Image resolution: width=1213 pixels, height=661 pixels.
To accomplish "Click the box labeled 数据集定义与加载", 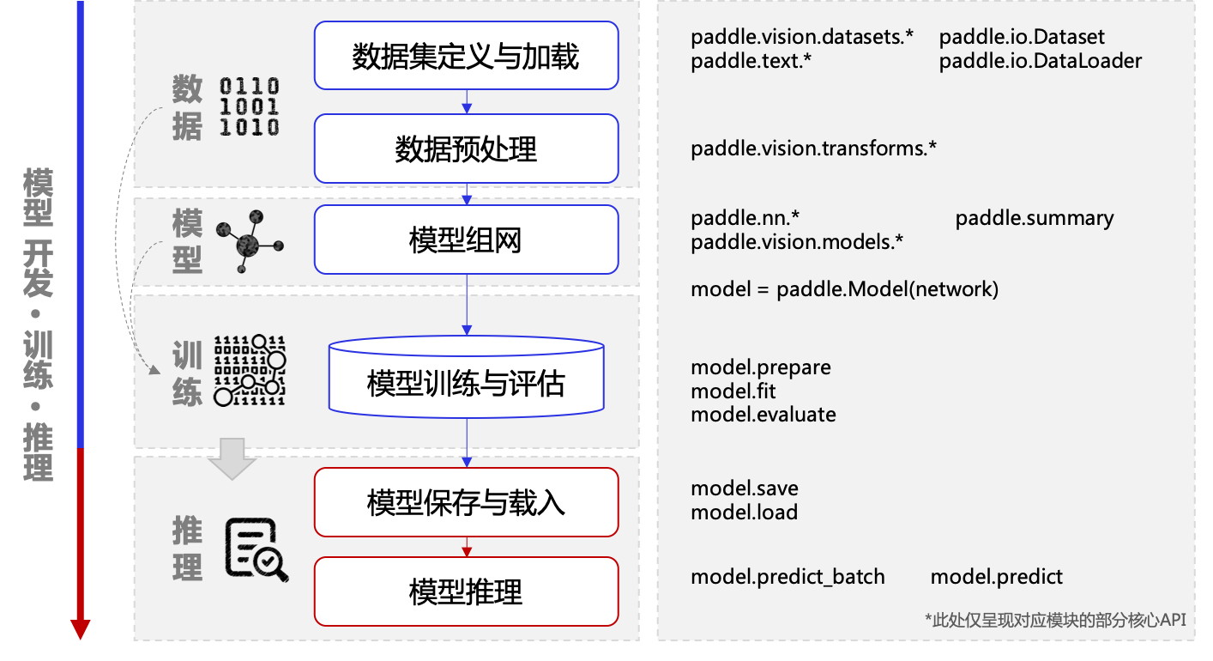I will [x=466, y=56].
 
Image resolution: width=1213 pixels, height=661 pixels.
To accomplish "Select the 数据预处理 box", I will [x=466, y=149].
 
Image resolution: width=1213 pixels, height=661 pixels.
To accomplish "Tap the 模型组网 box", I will [x=466, y=240].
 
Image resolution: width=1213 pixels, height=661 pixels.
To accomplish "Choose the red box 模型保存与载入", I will [x=466, y=501].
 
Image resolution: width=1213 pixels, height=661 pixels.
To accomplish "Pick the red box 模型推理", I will [x=466, y=591].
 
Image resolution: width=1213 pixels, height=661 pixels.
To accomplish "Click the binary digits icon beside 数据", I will [x=250, y=106].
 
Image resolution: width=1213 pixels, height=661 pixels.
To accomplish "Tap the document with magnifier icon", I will [x=256, y=549].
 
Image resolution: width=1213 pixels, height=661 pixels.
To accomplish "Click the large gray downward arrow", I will [x=232, y=459].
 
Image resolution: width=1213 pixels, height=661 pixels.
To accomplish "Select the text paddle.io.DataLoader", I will [x=1040, y=61].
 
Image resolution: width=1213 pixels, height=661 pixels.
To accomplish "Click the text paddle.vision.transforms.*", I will [x=813, y=149].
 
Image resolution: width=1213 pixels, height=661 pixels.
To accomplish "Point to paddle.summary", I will [x=1035, y=218].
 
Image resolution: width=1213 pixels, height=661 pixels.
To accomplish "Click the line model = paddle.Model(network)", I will [x=844, y=289].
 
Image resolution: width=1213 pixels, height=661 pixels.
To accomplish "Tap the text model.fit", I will [x=733, y=391].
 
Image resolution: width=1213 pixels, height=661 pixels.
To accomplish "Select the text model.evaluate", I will [x=763, y=415].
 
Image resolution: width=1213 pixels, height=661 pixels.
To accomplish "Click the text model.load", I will [x=744, y=512].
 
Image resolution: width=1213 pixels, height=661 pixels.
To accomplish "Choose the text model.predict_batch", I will [x=788, y=577].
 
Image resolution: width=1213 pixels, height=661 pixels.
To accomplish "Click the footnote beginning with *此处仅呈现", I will [x=1055, y=620].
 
